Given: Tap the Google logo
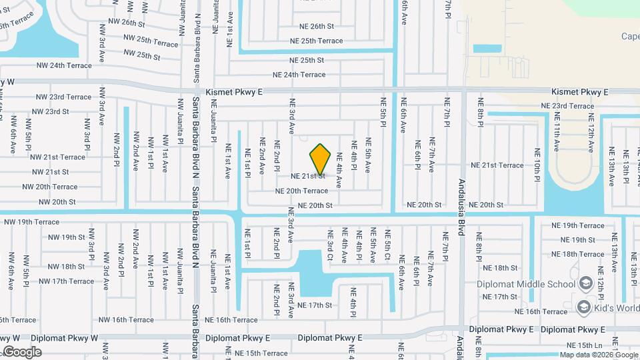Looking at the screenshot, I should tap(22, 351).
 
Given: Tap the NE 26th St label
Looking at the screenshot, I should tap(312, 26).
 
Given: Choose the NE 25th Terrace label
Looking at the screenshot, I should tap(316, 41).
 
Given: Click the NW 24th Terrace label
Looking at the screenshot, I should tap(64, 65).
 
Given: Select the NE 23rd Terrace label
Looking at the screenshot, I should tap(567, 106).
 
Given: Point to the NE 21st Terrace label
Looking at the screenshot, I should tap(497, 165).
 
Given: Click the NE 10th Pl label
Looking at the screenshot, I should tap(537, 170).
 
